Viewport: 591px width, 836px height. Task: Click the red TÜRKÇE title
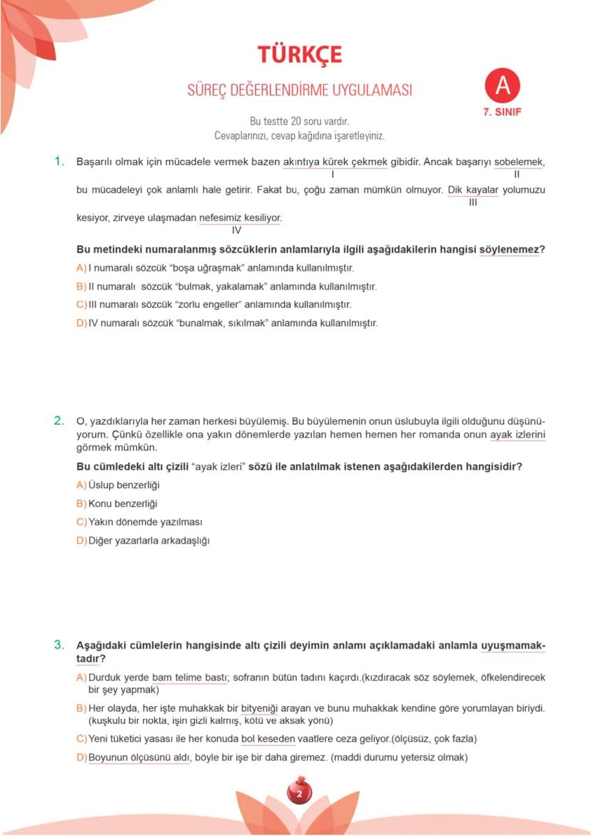pos(300,54)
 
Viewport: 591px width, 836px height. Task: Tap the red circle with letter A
pos(502,86)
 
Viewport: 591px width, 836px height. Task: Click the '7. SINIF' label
pos(502,112)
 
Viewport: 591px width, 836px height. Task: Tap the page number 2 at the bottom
pos(299,793)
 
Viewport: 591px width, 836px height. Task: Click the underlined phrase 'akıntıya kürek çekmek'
pos(335,162)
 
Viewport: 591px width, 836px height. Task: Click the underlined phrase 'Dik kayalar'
pos(473,190)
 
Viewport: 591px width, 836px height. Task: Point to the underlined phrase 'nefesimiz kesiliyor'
pos(240,218)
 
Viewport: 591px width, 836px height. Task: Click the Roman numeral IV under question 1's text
pos(237,230)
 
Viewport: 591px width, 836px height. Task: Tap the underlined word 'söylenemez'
pos(510,250)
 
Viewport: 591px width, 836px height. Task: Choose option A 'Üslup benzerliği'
pos(123,485)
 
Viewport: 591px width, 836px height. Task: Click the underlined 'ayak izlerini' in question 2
pos(517,435)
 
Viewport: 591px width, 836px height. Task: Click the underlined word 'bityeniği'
pos(258,708)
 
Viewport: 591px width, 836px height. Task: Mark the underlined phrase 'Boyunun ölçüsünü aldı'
pos(139,757)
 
